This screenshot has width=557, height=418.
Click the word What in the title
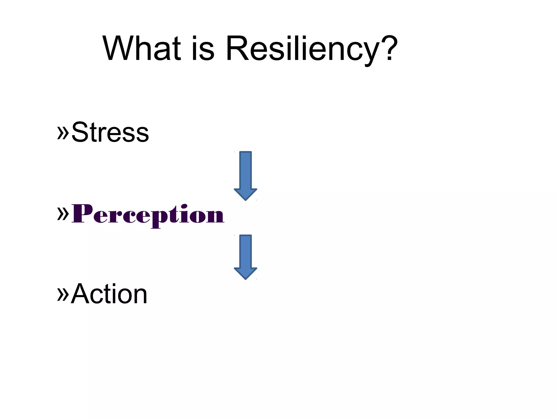pos(141,49)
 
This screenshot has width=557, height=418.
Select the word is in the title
pos(203,49)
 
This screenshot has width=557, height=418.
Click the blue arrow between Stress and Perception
pos(246,174)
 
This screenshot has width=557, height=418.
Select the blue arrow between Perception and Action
pos(246,256)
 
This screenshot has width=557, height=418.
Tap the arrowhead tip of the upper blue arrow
pos(246,199)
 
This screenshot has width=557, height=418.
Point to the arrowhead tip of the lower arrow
pos(246,278)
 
